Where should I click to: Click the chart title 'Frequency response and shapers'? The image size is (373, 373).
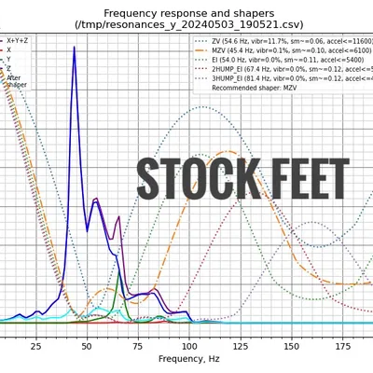tap(186, 12)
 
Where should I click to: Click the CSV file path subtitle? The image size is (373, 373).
tap(186, 25)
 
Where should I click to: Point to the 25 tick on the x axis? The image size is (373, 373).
tap(35, 345)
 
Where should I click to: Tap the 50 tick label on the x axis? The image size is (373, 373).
tap(87, 345)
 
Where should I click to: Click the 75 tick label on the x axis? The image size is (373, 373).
tap(138, 345)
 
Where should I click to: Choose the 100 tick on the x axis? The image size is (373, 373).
tap(189, 345)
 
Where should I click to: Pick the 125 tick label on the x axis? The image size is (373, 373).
tap(241, 345)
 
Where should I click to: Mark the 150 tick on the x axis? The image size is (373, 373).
tap(292, 345)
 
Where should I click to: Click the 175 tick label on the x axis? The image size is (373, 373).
tap(343, 345)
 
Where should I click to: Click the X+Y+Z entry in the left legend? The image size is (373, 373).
tap(17, 41)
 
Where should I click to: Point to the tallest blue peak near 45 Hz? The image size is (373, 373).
tap(75, 48)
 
